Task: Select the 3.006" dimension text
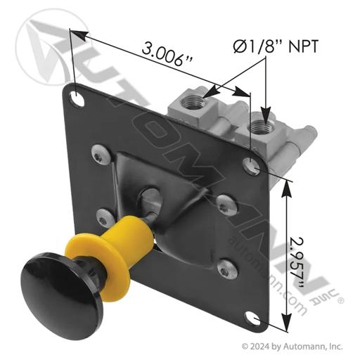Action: coord(167,54)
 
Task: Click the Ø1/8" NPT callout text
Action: coord(276,46)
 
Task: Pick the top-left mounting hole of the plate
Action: coord(77,98)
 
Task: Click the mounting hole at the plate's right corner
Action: coord(252,166)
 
